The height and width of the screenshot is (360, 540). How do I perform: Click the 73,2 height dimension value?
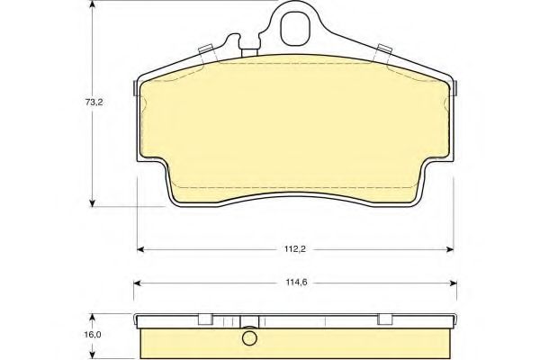[x=94, y=102]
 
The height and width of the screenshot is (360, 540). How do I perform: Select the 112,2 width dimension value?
[x=295, y=249]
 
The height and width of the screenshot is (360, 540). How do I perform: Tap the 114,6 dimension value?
[x=296, y=283]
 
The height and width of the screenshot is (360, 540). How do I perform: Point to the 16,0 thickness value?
[x=94, y=335]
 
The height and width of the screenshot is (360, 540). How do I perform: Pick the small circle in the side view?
[x=249, y=338]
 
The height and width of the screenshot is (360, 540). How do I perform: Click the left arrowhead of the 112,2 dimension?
[x=140, y=249]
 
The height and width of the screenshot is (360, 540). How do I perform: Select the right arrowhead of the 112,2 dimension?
[x=450, y=249]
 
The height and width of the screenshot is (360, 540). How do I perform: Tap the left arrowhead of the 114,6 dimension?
[x=137, y=283]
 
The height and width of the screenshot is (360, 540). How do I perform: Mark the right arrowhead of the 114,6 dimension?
[x=454, y=283]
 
